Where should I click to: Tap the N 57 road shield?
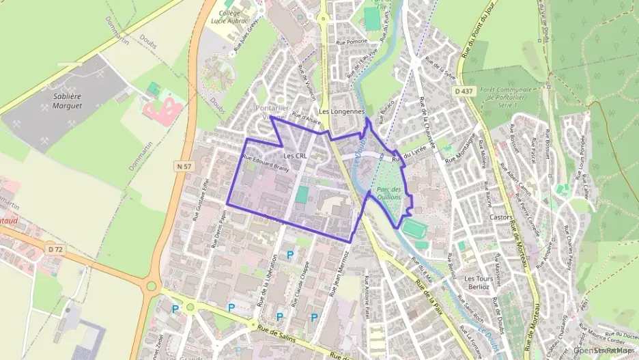click(182, 166)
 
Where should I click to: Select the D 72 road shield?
click(55, 249)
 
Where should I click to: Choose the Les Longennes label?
click(342, 111)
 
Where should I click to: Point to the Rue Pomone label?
click(352, 42)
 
